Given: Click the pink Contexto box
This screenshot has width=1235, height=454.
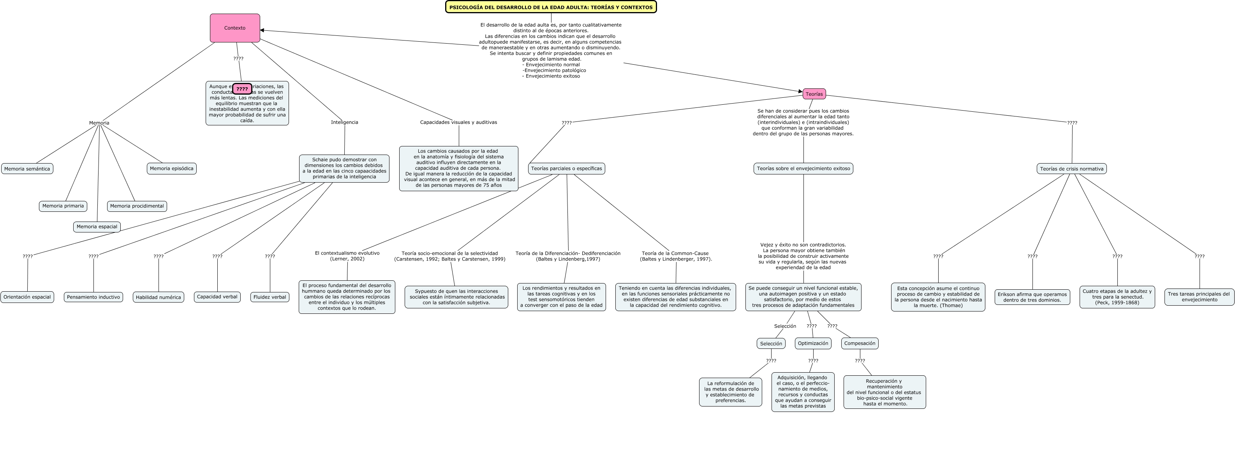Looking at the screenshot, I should pos(235,28).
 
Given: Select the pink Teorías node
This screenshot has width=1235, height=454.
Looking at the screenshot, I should pos(814,94).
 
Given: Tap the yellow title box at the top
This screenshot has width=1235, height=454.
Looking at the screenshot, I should pos(551,7).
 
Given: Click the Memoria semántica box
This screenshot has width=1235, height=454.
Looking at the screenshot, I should pos(27,169).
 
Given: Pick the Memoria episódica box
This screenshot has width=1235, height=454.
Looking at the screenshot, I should pos(172,168).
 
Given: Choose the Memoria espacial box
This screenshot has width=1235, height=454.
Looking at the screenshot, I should pos(97,227).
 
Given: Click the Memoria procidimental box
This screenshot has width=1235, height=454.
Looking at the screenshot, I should pos(137,206).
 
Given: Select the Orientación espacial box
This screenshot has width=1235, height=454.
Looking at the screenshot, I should pos(27,297).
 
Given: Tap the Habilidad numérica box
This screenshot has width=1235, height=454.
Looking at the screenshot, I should pos(158,297).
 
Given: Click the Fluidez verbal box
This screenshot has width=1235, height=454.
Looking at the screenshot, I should pos(270,297).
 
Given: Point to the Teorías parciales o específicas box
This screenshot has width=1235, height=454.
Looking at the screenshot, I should pos(566,168).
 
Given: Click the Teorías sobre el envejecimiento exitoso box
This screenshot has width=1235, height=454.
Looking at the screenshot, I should pos(803,168).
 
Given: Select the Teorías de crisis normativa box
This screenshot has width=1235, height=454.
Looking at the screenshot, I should pos(1071,169).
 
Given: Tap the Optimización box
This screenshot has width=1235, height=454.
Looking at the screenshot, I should pos(813,343).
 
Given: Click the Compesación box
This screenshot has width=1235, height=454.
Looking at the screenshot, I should pos(860,343).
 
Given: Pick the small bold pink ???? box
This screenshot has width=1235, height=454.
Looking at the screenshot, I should pos(242,89).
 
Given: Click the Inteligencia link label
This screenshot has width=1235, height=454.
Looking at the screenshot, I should pos(344,122).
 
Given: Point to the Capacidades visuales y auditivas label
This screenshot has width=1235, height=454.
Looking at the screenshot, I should pos(458,122).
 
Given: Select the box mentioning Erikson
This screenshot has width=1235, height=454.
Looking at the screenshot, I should pos(1032,297).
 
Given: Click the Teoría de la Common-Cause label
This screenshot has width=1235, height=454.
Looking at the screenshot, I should pos(675,256).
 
